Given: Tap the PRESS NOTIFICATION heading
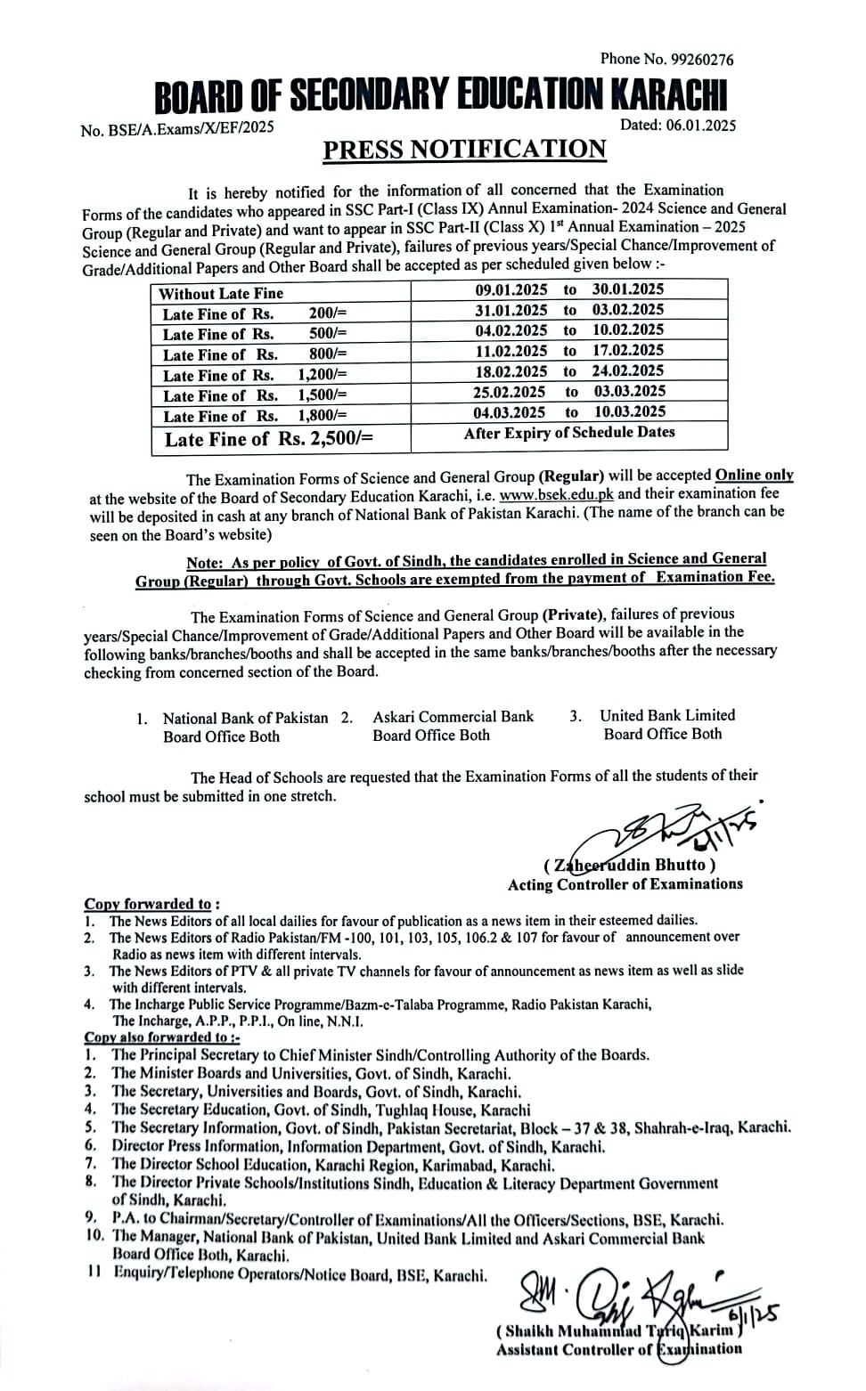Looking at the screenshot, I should pos(464,149).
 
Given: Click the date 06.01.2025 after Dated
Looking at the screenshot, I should pos(700,126).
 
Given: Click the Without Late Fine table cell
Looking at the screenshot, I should pos(221,293).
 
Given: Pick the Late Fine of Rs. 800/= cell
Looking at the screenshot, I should pos(254,354).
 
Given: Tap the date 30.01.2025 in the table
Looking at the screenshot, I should pos(628,289).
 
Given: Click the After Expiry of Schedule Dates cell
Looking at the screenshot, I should pos(569,433).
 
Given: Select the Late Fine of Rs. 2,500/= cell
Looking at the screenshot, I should pos(268,439).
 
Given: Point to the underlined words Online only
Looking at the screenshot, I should pos(754,476).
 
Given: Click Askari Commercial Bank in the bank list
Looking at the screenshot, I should pos(453,717).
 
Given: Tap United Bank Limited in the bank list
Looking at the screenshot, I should pos(667,715).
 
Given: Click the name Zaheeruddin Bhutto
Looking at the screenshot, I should pos(630,865).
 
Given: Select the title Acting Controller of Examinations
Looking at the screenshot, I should pos(625,884).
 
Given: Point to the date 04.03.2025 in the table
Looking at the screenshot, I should pos(510,411).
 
